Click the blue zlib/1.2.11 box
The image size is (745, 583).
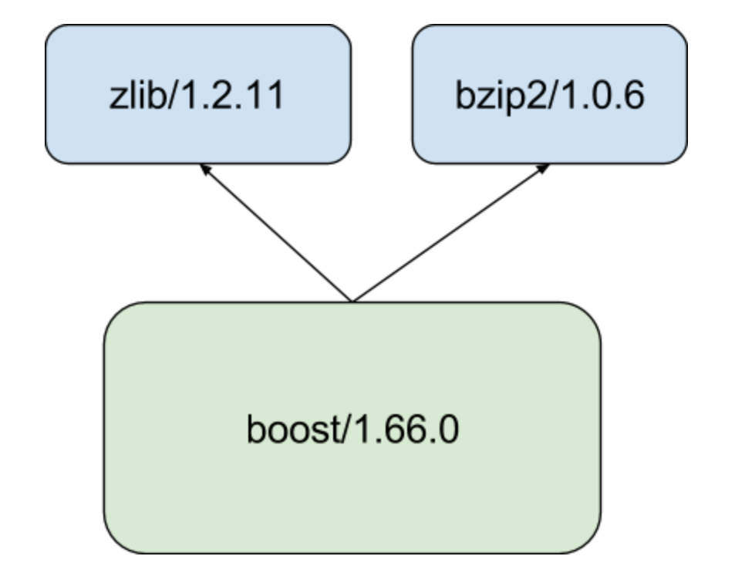coord(198,94)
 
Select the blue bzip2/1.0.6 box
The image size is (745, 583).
coord(550,94)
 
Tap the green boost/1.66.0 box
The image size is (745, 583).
coord(352,428)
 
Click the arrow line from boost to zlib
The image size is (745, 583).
coord(276,233)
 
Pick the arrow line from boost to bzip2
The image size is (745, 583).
coord(451,233)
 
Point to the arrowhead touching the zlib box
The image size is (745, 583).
coord(204,169)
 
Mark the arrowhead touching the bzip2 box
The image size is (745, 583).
coord(544,169)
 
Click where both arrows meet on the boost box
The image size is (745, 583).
coord(352,302)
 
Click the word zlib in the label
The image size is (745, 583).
coord(137,95)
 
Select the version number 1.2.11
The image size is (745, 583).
coord(231,96)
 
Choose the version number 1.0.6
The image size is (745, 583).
coord(602,96)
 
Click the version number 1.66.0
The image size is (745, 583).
coord(406,430)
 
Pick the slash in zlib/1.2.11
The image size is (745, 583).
coord(172,95)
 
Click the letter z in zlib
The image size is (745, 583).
coord(117,99)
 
